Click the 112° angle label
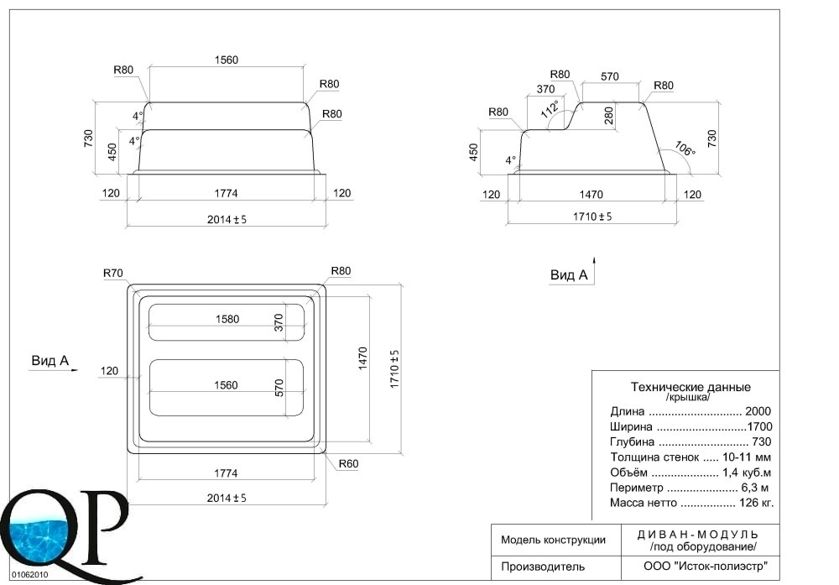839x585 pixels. (550, 108)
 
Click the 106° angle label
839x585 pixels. (685, 149)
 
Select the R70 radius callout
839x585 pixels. (113, 274)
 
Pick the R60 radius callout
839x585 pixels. (348, 464)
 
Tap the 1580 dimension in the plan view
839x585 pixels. (227, 320)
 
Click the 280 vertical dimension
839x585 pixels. (609, 115)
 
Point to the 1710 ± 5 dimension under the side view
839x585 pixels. (592, 217)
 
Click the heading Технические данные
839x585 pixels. (690, 387)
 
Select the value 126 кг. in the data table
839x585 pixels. (756, 503)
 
